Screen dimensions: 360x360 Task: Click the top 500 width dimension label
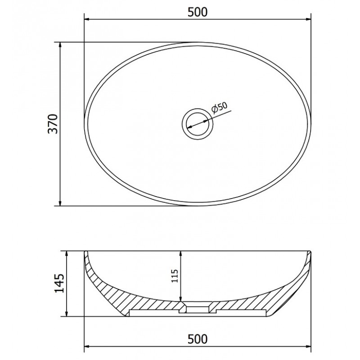[198, 12]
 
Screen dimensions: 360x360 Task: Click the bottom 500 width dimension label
[198, 339]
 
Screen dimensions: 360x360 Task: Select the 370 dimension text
[53, 124]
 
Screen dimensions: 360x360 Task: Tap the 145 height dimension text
[59, 283]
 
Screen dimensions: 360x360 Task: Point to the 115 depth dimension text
[175, 276]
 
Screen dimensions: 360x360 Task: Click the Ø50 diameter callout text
[219, 108]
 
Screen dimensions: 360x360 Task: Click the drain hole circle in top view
[198, 124]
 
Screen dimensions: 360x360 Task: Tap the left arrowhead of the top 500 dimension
[88, 19]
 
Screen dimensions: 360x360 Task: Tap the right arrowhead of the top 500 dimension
[308, 19]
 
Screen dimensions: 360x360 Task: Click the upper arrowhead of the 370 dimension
[60, 45]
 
